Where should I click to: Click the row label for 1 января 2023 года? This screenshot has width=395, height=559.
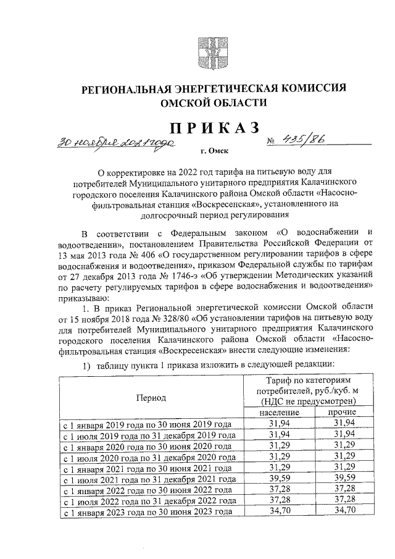(146, 512)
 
